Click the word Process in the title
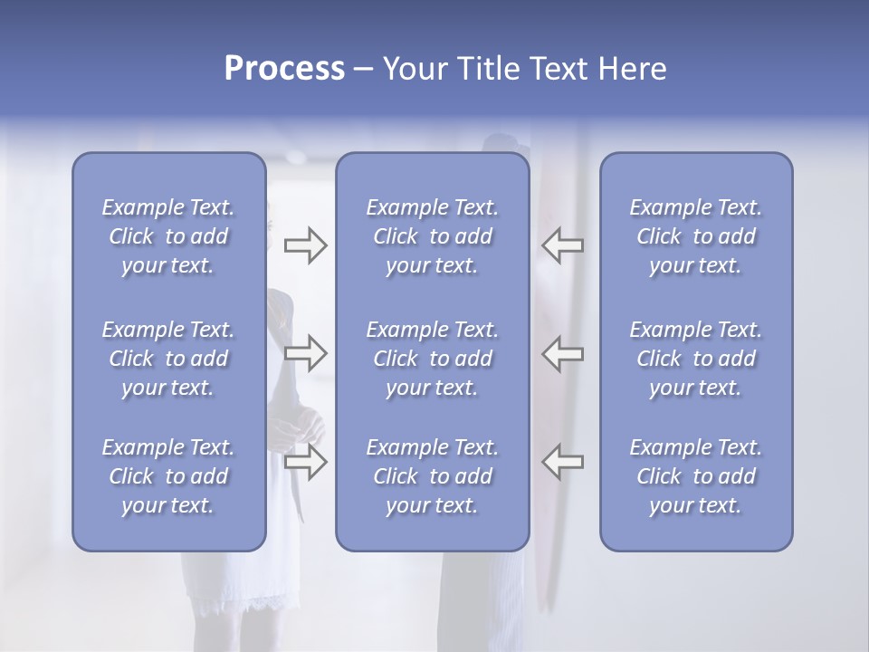point(284,69)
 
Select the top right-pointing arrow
point(305,245)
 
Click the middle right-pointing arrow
point(305,353)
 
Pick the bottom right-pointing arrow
point(305,462)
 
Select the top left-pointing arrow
point(563,245)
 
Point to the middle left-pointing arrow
point(563,353)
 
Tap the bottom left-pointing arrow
point(563,462)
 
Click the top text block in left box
point(168,236)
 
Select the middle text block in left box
point(168,359)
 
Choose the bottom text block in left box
point(168,476)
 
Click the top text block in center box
point(432,236)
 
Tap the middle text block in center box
point(432,359)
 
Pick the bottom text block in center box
point(432,476)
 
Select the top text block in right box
point(695,236)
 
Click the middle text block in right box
point(695,359)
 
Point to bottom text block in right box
point(695,476)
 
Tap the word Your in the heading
point(415,69)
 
